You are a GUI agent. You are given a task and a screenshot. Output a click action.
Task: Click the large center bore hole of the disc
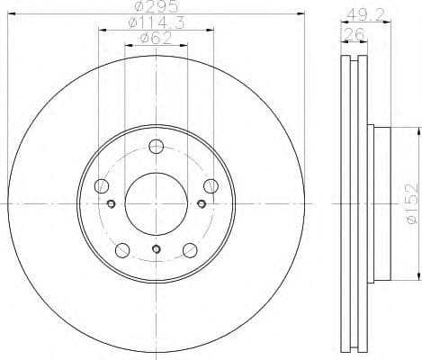155,204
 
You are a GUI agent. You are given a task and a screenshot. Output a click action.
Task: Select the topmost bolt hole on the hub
156,148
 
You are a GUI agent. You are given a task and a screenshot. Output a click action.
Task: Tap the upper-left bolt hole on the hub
101,186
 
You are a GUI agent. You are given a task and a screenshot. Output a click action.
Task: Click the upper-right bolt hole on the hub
211,186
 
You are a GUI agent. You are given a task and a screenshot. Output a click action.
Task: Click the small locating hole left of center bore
112,204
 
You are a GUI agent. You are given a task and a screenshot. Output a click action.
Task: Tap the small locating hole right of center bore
199,204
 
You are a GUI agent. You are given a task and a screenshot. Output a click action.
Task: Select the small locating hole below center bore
156,248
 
